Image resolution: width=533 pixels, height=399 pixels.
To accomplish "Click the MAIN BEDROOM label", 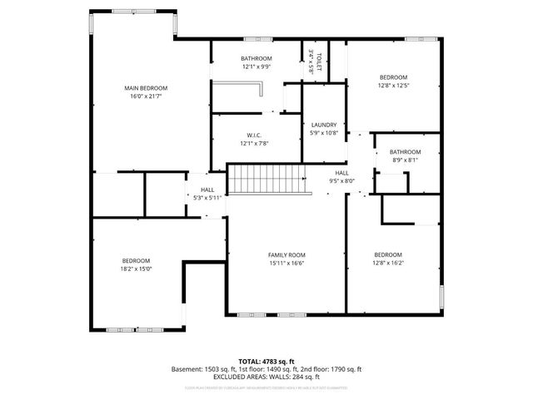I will tap(146, 88).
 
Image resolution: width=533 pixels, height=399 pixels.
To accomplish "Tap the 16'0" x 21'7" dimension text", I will tap(146, 96).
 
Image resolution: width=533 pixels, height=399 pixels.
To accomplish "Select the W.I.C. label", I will tap(255, 135).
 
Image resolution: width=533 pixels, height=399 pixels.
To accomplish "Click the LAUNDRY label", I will tap(324, 125).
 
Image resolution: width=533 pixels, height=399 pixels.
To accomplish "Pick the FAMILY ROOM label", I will tap(286, 254).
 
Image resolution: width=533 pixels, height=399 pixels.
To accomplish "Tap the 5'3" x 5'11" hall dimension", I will tap(207, 198).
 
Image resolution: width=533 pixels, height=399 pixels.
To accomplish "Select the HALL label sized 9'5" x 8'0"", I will tap(341, 172).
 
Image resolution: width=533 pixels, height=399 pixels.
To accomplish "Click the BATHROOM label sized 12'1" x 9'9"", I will tap(256, 58).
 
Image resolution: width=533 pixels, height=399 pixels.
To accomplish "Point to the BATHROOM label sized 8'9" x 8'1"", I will tap(406, 152).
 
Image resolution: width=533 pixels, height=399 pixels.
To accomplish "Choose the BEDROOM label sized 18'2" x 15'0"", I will tap(136, 260).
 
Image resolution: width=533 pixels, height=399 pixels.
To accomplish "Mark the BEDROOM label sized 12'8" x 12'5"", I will tap(393, 77).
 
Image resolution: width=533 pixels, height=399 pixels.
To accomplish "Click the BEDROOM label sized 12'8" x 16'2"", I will tap(388, 254).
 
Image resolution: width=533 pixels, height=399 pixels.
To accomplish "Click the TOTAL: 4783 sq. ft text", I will tap(266, 361).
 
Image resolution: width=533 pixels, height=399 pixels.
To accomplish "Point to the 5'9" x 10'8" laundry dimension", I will tap(324, 133).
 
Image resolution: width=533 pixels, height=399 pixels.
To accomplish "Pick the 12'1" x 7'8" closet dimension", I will tap(255, 144).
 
